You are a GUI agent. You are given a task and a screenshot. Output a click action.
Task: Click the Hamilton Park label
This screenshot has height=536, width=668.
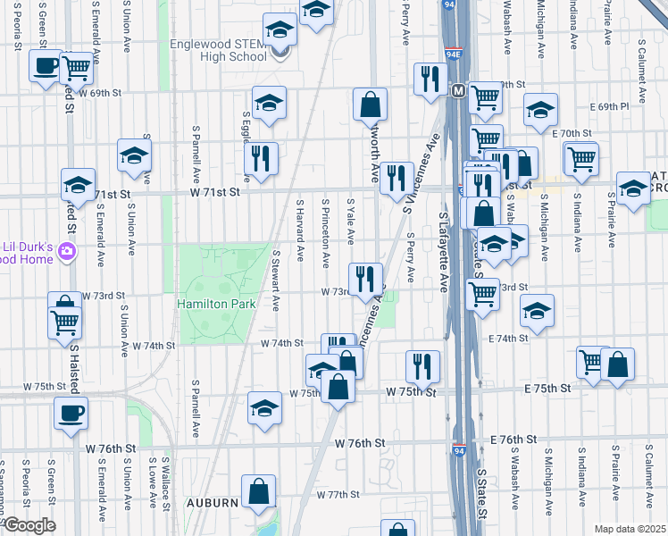click(217, 304)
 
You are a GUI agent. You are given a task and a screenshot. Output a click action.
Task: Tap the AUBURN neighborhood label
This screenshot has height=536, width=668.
click(212, 503)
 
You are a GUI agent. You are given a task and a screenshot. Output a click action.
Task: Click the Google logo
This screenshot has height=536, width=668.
click(29, 525)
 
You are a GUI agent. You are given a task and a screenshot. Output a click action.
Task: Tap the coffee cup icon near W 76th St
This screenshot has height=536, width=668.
click(71, 413)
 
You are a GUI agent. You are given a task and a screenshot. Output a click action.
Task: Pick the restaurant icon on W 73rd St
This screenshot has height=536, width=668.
click(364, 279)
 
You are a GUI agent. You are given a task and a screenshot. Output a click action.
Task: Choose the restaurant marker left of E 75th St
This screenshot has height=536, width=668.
click(422, 365)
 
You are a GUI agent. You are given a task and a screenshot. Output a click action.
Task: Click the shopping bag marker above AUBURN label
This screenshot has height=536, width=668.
click(258, 490)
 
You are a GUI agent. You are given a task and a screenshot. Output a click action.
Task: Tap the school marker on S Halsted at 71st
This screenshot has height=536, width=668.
click(78, 186)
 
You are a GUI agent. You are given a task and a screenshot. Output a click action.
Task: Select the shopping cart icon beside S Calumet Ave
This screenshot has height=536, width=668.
click(581, 158)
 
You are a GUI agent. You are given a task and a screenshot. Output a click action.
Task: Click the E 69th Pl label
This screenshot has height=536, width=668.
click(620, 106)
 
